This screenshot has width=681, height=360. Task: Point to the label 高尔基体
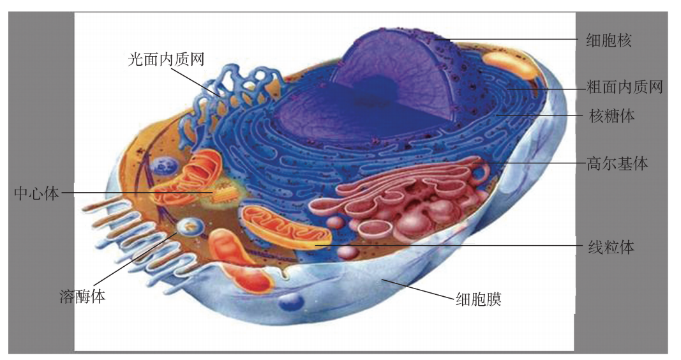(x=617, y=163)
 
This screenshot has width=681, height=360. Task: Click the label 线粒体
(x=610, y=246)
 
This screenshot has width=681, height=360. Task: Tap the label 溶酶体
(x=82, y=296)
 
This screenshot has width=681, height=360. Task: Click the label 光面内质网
(x=166, y=60)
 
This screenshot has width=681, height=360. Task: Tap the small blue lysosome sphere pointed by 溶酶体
(x=189, y=225)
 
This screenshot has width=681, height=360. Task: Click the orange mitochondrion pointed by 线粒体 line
(x=287, y=227)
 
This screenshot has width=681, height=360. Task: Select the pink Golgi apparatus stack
(x=408, y=198)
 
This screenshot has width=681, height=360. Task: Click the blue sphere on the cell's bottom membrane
(x=292, y=302)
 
